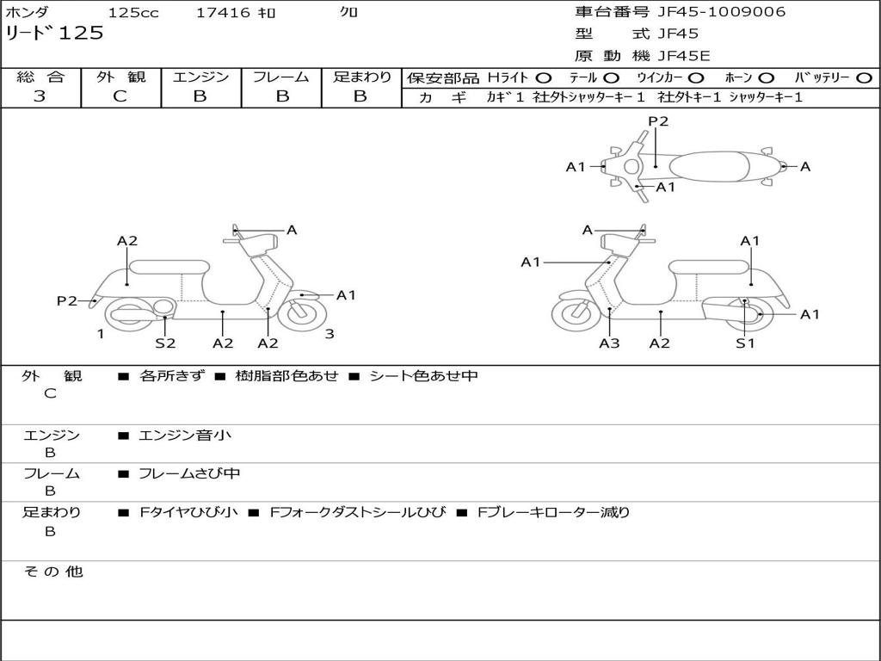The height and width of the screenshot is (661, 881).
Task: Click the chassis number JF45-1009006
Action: click(722, 12)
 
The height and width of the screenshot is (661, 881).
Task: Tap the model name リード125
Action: click(54, 33)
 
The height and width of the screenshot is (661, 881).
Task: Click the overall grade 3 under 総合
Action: click(40, 96)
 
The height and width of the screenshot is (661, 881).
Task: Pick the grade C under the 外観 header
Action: click(120, 96)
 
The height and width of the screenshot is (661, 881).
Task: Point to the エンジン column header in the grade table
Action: click(200, 77)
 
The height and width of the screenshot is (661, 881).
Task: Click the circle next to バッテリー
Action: click(864, 78)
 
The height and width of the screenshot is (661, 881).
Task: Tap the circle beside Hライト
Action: click(544, 78)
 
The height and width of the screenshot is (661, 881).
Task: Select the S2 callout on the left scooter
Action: click(165, 343)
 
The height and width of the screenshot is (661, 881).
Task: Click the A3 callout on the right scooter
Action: click(609, 343)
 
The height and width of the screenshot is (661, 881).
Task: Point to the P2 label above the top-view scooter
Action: click(658, 120)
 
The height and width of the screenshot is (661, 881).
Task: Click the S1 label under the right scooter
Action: click(745, 343)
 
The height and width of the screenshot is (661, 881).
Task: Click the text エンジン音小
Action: click(184, 435)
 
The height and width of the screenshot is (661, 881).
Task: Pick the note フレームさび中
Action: click(189, 473)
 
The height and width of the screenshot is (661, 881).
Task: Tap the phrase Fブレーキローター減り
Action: click(553, 512)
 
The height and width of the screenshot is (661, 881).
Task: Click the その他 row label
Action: click(53, 571)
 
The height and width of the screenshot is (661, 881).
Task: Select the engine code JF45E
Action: click(684, 56)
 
